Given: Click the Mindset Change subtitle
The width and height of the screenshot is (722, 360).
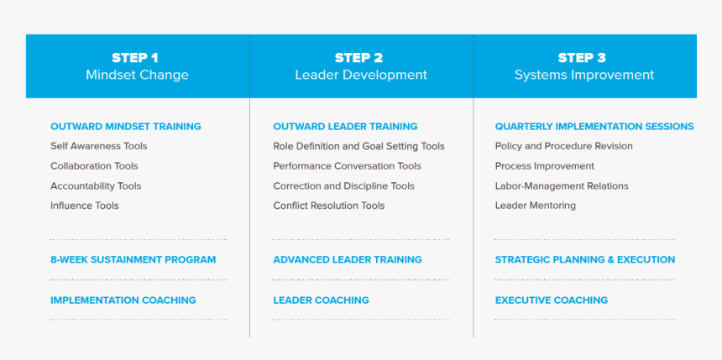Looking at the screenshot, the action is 137,75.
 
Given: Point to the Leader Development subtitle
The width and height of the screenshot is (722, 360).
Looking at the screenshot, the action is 361,75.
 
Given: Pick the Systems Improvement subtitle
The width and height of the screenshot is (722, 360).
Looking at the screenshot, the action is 584,75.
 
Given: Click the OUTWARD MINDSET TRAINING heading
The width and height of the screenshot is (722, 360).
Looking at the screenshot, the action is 126,127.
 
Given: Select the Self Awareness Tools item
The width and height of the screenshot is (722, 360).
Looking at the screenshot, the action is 99,146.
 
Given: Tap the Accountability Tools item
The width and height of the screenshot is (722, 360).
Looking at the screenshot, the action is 96,186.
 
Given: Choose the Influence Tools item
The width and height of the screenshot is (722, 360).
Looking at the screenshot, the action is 85,206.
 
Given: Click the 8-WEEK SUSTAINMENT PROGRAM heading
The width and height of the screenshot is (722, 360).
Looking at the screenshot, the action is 133,259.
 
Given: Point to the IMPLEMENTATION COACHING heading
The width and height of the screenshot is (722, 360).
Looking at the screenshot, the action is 123,300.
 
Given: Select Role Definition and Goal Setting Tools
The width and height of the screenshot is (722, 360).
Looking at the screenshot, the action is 358,146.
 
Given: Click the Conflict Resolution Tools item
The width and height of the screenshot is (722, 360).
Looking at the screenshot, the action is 329,206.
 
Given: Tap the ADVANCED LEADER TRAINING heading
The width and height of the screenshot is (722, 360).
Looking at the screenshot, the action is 348,259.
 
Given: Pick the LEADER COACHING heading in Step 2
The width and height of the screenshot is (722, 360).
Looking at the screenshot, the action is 321,300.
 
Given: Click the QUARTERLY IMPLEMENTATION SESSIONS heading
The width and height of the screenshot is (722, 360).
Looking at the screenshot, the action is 594,127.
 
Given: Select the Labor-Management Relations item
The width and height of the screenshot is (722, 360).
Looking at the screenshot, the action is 562,186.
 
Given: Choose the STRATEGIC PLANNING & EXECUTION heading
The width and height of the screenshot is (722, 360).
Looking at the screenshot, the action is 585,259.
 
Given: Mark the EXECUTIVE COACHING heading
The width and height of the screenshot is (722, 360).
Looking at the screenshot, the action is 552,300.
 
